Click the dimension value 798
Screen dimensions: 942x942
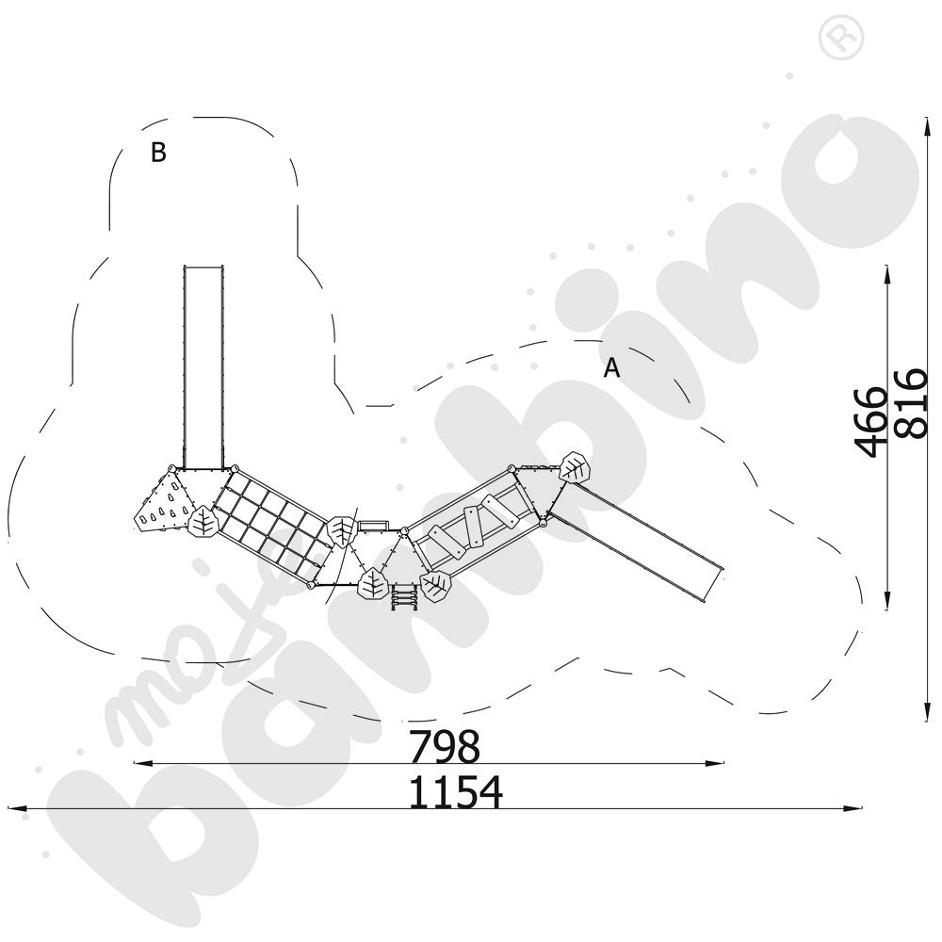(444, 746)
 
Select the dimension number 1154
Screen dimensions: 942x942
(455, 792)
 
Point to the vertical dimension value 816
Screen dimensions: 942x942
(911, 403)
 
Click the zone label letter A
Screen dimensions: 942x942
(611, 367)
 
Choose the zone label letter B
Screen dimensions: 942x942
(158, 153)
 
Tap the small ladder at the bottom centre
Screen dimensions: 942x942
(405, 596)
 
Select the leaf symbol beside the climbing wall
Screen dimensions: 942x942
(203, 521)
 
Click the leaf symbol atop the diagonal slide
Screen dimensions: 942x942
(575, 466)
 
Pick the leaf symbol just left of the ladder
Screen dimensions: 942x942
(372, 583)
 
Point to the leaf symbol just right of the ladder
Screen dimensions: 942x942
(435, 586)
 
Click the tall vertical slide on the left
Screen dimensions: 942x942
(203, 366)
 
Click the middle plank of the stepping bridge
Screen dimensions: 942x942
(474, 528)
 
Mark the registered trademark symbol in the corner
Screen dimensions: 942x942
(841, 38)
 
